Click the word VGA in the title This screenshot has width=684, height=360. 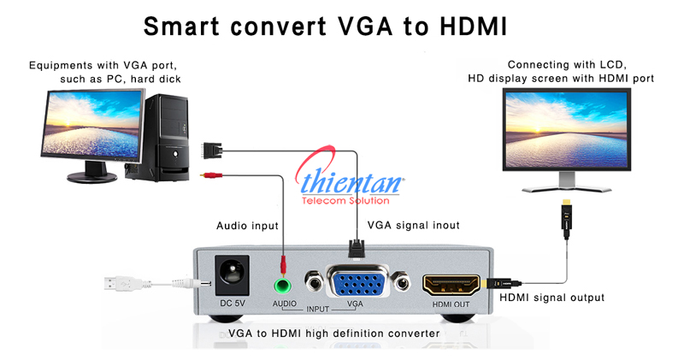tap(354, 27)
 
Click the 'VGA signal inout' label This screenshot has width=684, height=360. tap(413, 226)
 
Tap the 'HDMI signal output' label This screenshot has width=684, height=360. tap(551, 298)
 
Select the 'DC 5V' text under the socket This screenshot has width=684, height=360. tap(233, 304)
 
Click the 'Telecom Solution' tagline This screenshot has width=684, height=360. tap(345, 201)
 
